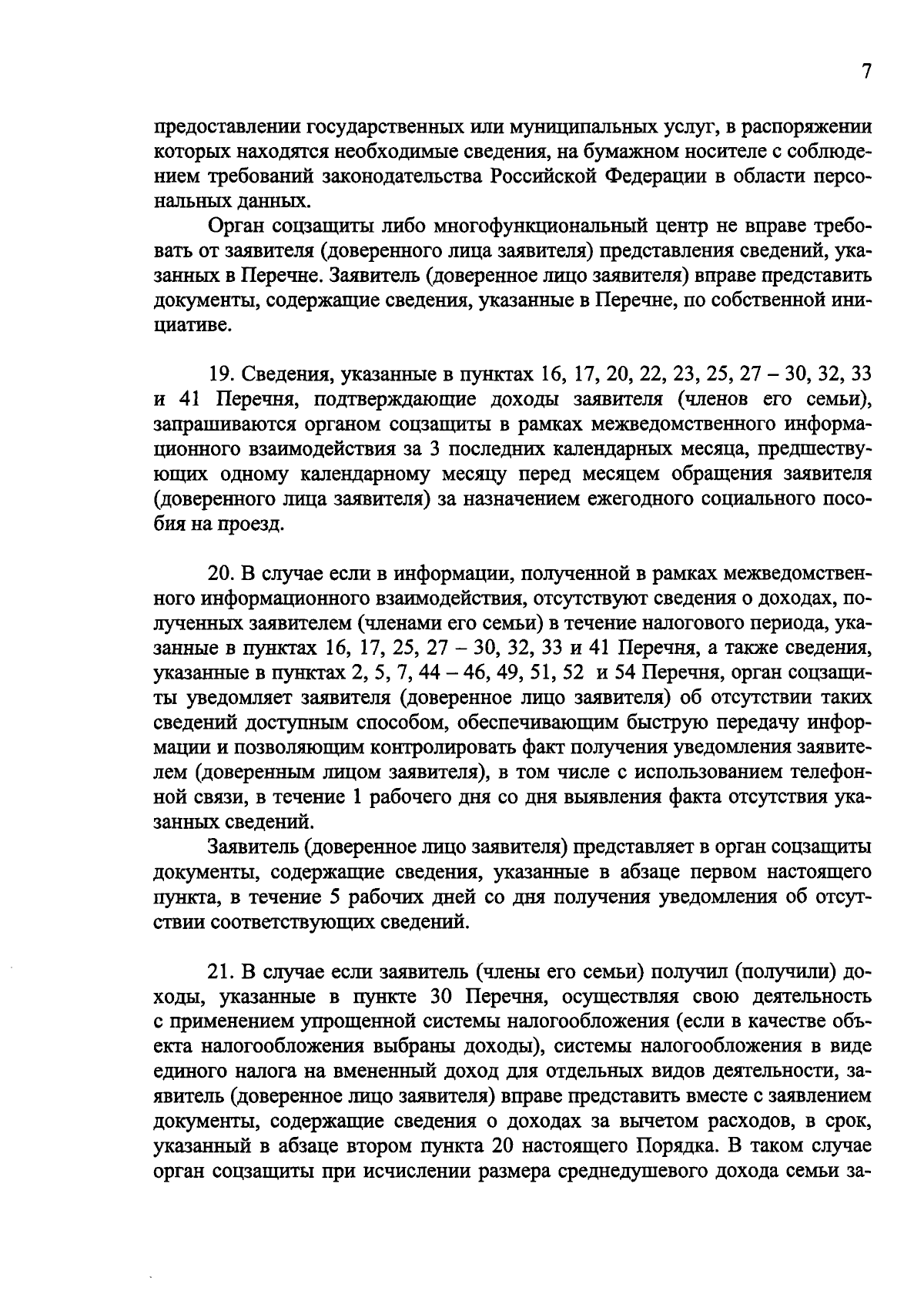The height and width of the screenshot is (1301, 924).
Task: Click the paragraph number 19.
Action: click(x=221, y=375)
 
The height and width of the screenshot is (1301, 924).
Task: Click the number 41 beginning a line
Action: click(x=182, y=400)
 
